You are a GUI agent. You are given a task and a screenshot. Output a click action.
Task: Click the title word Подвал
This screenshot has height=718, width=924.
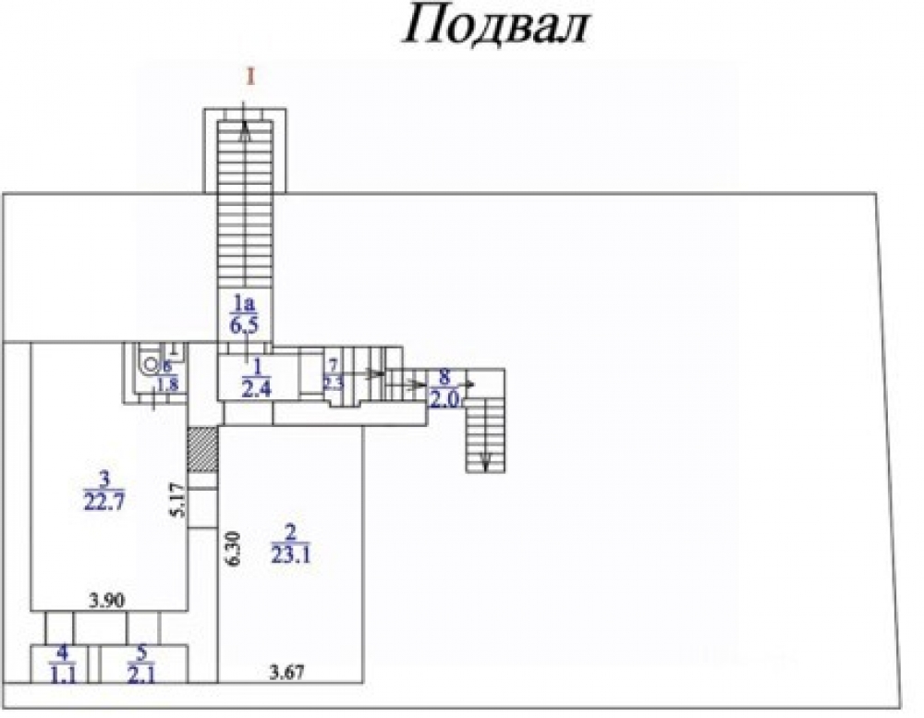(x=495, y=27)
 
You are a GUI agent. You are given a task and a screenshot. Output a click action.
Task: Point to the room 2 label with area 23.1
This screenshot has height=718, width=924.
(x=292, y=543)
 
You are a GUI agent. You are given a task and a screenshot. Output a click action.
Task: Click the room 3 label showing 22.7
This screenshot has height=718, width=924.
(x=103, y=491)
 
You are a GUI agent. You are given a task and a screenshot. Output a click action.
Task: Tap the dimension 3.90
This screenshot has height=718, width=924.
(x=107, y=602)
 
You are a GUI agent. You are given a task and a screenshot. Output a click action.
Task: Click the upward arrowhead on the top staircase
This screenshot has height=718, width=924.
(x=246, y=131)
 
